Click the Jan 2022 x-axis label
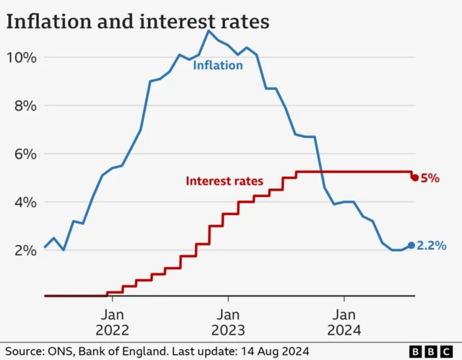[113, 322]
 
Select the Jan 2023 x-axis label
[228, 322]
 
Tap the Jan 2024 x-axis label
[344, 322]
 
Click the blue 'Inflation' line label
[217, 66]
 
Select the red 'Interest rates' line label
[225, 181]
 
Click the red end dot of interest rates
[414, 177]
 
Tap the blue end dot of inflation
[411, 245]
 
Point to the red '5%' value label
[430, 178]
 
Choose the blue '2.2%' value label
[432, 246]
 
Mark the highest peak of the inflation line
[209, 30]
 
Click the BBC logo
[431, 351]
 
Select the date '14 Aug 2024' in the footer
[278, 351]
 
